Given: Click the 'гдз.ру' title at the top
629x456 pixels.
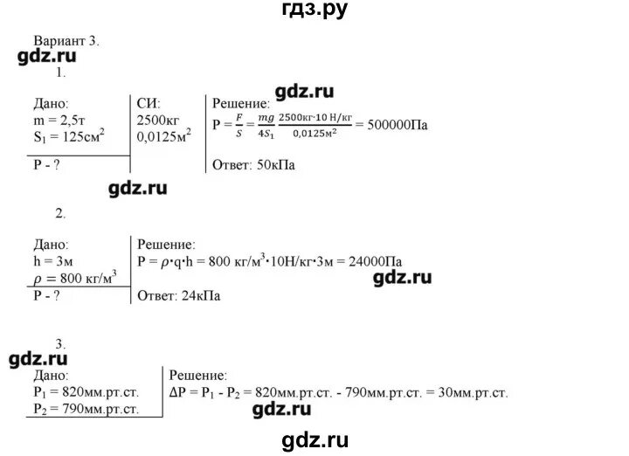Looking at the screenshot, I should tap(314, 10).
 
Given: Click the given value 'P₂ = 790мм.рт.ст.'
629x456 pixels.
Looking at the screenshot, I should tap(91, 408).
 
